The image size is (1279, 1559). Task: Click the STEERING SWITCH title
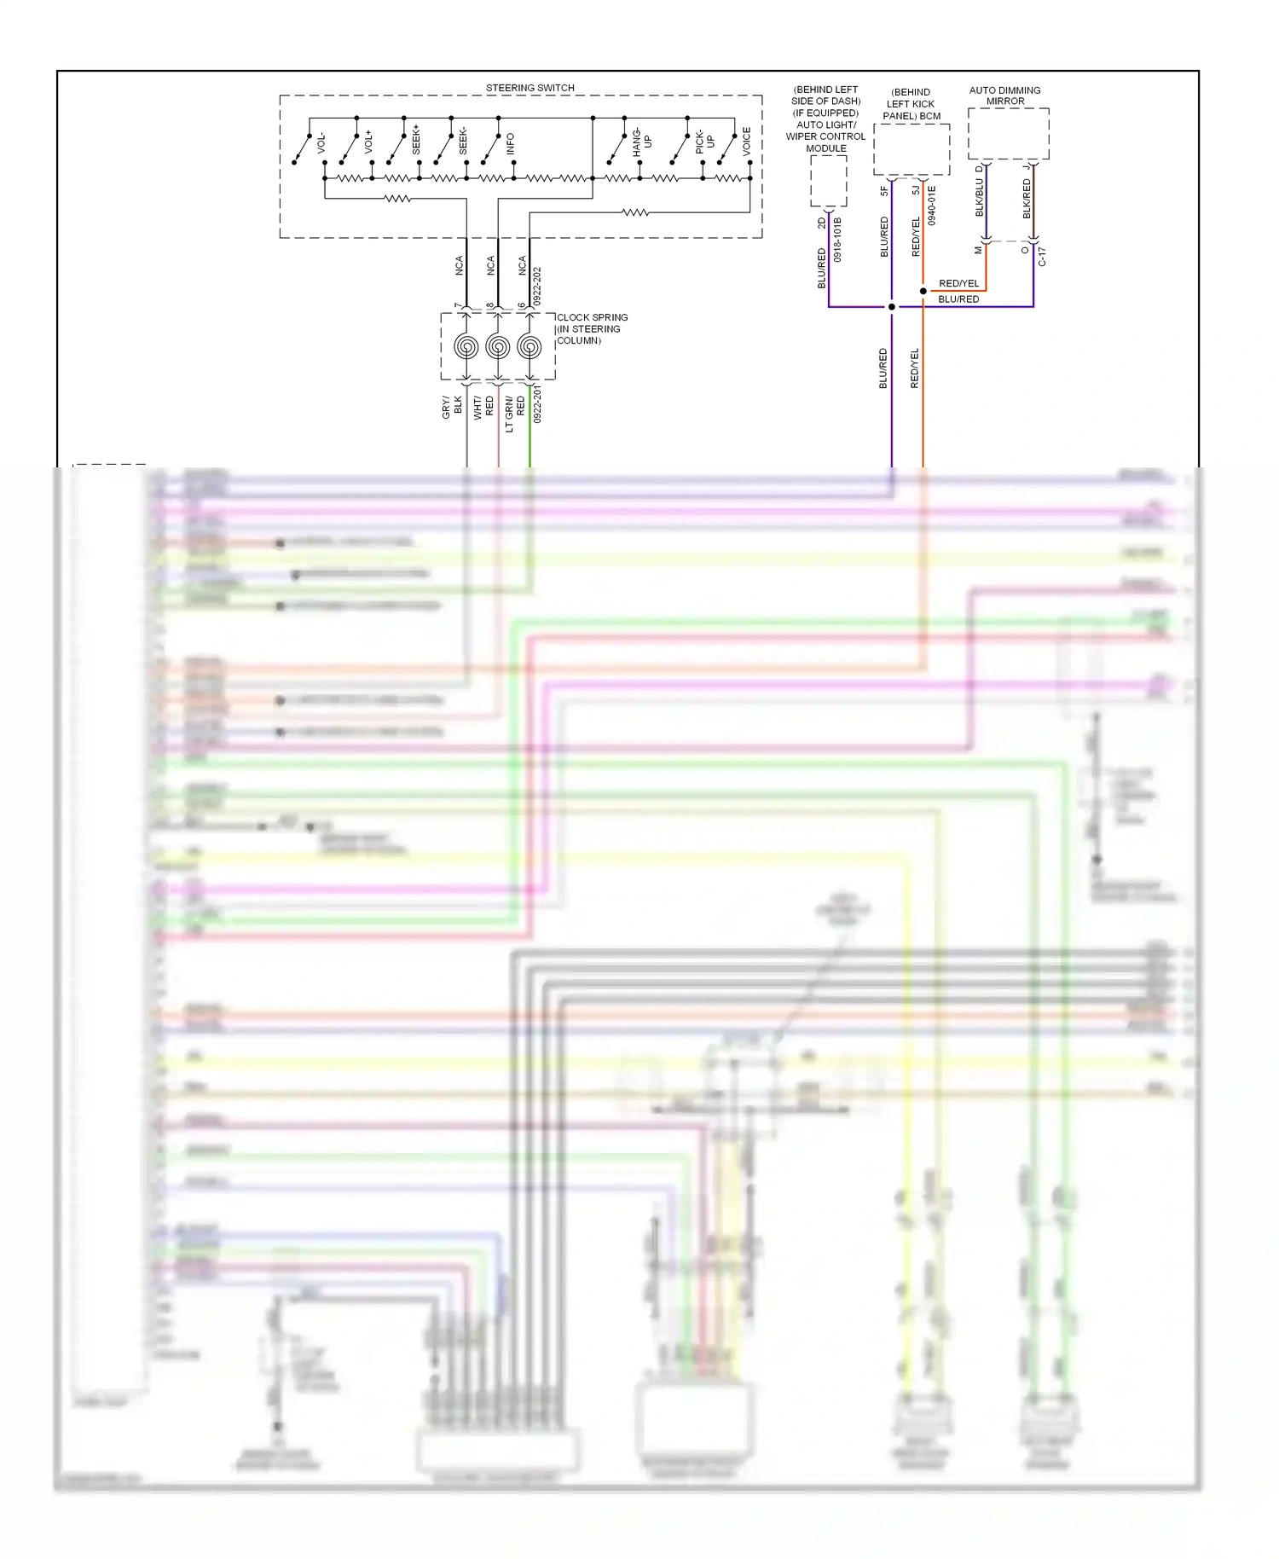point(530,88)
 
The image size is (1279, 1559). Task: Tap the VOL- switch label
point(321,142)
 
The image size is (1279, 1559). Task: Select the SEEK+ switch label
point(416,140)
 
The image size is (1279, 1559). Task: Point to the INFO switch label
point(510,143)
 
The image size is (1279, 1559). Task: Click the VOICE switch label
point(746,141)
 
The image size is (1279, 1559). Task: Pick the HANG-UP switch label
point(641,142)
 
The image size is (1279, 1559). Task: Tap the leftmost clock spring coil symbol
point(466,347)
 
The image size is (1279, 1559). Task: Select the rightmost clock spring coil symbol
point(530,347)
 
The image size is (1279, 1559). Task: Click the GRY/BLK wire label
point(451,407)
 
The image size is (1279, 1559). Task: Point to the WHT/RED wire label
point(483,407)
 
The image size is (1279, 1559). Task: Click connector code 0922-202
point(537,287)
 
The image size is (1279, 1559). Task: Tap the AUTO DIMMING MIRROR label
point(1004,96)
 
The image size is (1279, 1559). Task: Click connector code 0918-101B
point(837,240)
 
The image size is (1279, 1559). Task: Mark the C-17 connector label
point(1042,257)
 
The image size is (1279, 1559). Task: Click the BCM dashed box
point(912,149)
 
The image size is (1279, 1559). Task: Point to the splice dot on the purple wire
point(892,307)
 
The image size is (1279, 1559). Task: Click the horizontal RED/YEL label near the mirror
point(958,283)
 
